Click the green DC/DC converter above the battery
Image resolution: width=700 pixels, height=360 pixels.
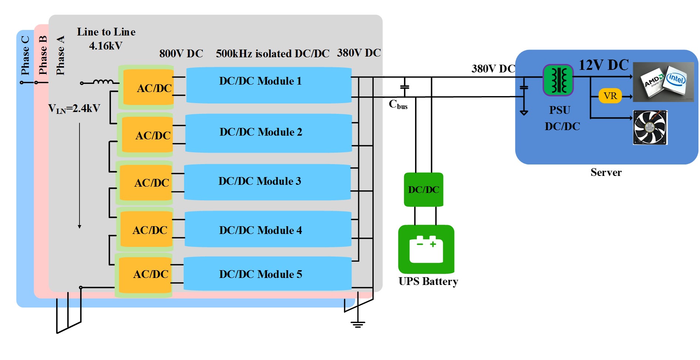[424, 190]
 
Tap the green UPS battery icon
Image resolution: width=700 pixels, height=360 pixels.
[426, 249]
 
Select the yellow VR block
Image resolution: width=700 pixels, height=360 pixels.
[610, 96]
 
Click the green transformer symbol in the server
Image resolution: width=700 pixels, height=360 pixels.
[558, 80]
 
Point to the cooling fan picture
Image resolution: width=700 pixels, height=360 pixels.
[650, 127]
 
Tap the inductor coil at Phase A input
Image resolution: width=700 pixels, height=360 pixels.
[103, 82]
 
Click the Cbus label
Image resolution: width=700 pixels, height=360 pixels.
[398, 105]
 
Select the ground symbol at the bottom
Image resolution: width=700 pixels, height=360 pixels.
[358, 325]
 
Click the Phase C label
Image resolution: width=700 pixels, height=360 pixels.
[25, 55]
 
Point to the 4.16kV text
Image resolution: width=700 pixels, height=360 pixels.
[106, 46]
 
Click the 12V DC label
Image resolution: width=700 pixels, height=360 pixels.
[604, 65]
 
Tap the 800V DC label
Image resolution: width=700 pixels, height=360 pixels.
[181, 54]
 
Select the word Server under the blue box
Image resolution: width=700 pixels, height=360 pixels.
[606, 172]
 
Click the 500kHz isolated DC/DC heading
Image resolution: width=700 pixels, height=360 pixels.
[272, 54]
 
